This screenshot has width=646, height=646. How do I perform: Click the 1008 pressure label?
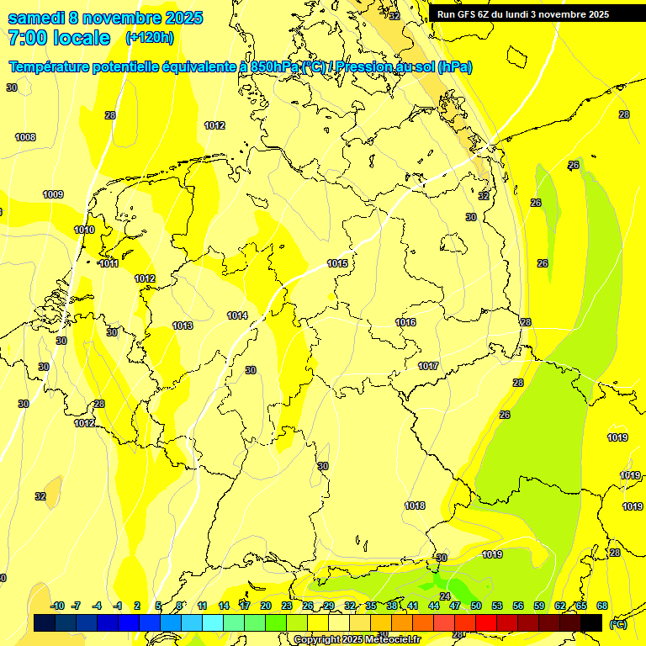pyautogui.click(x=25, y=137)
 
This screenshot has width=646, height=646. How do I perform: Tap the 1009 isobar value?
pyautogui.click(x=53, y=194)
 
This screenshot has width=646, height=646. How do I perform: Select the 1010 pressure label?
pyautogui.click(x=84, y=230)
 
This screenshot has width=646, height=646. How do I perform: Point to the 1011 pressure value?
pyautogui.click(x=109, y=263)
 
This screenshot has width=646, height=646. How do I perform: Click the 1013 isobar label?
pyautogui.click(x=183, y=326)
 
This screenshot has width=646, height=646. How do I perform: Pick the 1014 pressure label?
pyautogui.click(x=237, y=315)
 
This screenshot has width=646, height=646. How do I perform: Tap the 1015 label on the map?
pyautogui.click(x=337, y=263)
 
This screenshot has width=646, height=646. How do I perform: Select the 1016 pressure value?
pyautogui.click(x=405, y=322)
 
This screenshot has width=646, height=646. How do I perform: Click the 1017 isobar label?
pyautogui.click(x=428, y=366)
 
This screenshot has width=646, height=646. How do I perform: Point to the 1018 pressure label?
pyautogui.click(x=415, y=506)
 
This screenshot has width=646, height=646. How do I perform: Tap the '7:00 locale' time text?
pyautogui.click(x=59, y=38)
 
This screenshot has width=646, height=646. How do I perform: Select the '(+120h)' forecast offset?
pyautogui.click(x=150, y=38)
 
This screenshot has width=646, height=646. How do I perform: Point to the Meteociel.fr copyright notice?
pyautogui.click(x=356, y=639)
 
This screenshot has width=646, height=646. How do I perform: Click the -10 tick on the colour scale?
pyautogui.click(x=58, y=606)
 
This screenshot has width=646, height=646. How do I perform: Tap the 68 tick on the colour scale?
pyautogui.click(x=602, y=606)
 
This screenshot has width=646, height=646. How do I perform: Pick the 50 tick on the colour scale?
pyautogui.click(x=476, y=606)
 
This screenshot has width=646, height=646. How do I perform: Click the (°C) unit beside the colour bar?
pyautogui.click(x=618, y=623)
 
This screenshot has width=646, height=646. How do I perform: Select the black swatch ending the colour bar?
pyautogui.click(x=591, y=622)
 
